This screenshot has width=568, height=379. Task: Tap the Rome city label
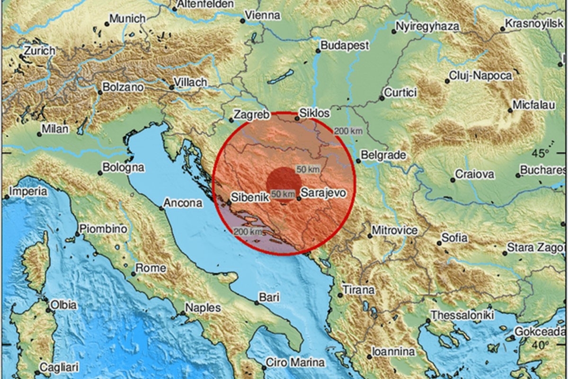(x=151, y=268)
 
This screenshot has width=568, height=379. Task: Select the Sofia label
(x=454, y=238)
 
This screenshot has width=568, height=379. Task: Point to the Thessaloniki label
(x=462, y=315)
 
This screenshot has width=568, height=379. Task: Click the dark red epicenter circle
(x=283, y=182)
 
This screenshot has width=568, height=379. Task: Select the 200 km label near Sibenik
(x=248, y=231)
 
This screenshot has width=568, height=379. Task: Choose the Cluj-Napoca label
(x=480, y=76)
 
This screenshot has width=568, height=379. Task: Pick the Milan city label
(x=55, y=129)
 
